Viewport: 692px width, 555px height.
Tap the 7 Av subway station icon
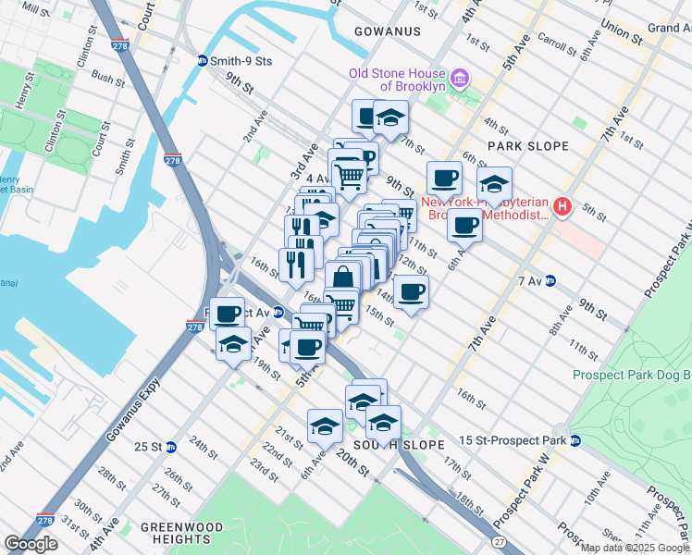pyautogui.click(x=550, y=280)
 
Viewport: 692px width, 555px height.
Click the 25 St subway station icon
pyautogui.click(x=171, y=447)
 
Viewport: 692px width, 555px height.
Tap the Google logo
pyautogui.click(x=31, y=544)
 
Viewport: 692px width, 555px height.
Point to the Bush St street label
pyautogui.click(x=108, y=80)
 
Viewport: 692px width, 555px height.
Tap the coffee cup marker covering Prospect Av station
pyautogui.click(x=228, y=314)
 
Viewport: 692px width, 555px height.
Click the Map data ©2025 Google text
pyautogui.click(x=635, y=548)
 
